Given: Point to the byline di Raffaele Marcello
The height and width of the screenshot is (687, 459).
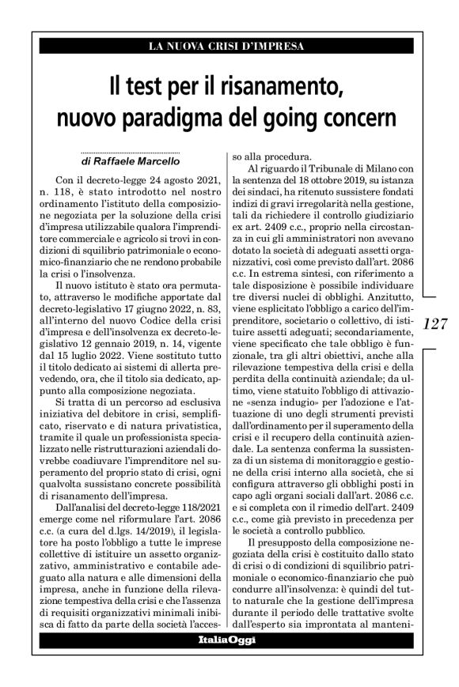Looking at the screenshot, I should click(x=116, y=160).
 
